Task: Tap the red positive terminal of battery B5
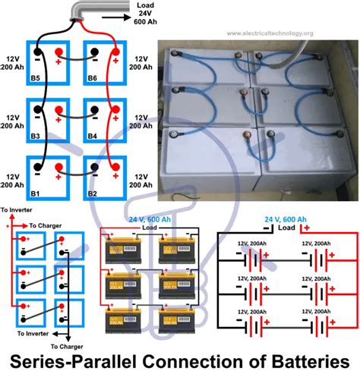tap(58, 52)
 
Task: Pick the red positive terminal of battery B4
tap(115, 111)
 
